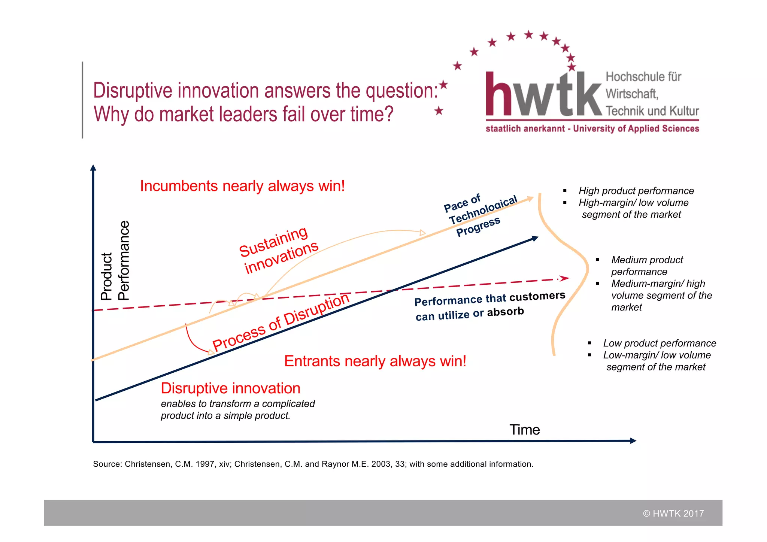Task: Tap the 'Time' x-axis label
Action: [x=524, y=430]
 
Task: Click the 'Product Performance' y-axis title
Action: [x=115, y=261]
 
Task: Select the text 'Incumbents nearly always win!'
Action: [x=242, y=186]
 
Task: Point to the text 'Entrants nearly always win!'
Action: [x=375, y=361]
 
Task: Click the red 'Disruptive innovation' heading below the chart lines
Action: [x=230, y=388]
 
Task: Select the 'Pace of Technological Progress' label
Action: [x=479, y=215]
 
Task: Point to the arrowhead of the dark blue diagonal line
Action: [x=535, y=239]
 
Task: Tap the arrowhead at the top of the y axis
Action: [x=93, y=167]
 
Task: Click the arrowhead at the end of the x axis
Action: [x=633, y=441]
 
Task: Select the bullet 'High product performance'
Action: [x=636, y=191]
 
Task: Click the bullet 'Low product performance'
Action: [x=659, y=343]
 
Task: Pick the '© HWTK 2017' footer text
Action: [x=673, y=514]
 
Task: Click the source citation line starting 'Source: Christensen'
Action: [x=313, y=464]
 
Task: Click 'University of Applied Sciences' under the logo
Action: [x=636, y=128]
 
